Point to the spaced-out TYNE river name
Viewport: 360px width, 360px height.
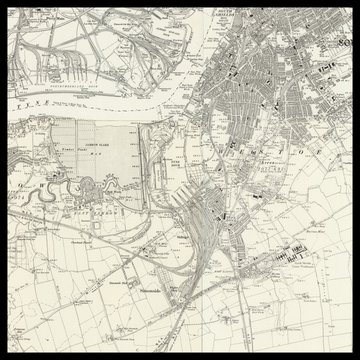pyautogui.click(x=40, y=100)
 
